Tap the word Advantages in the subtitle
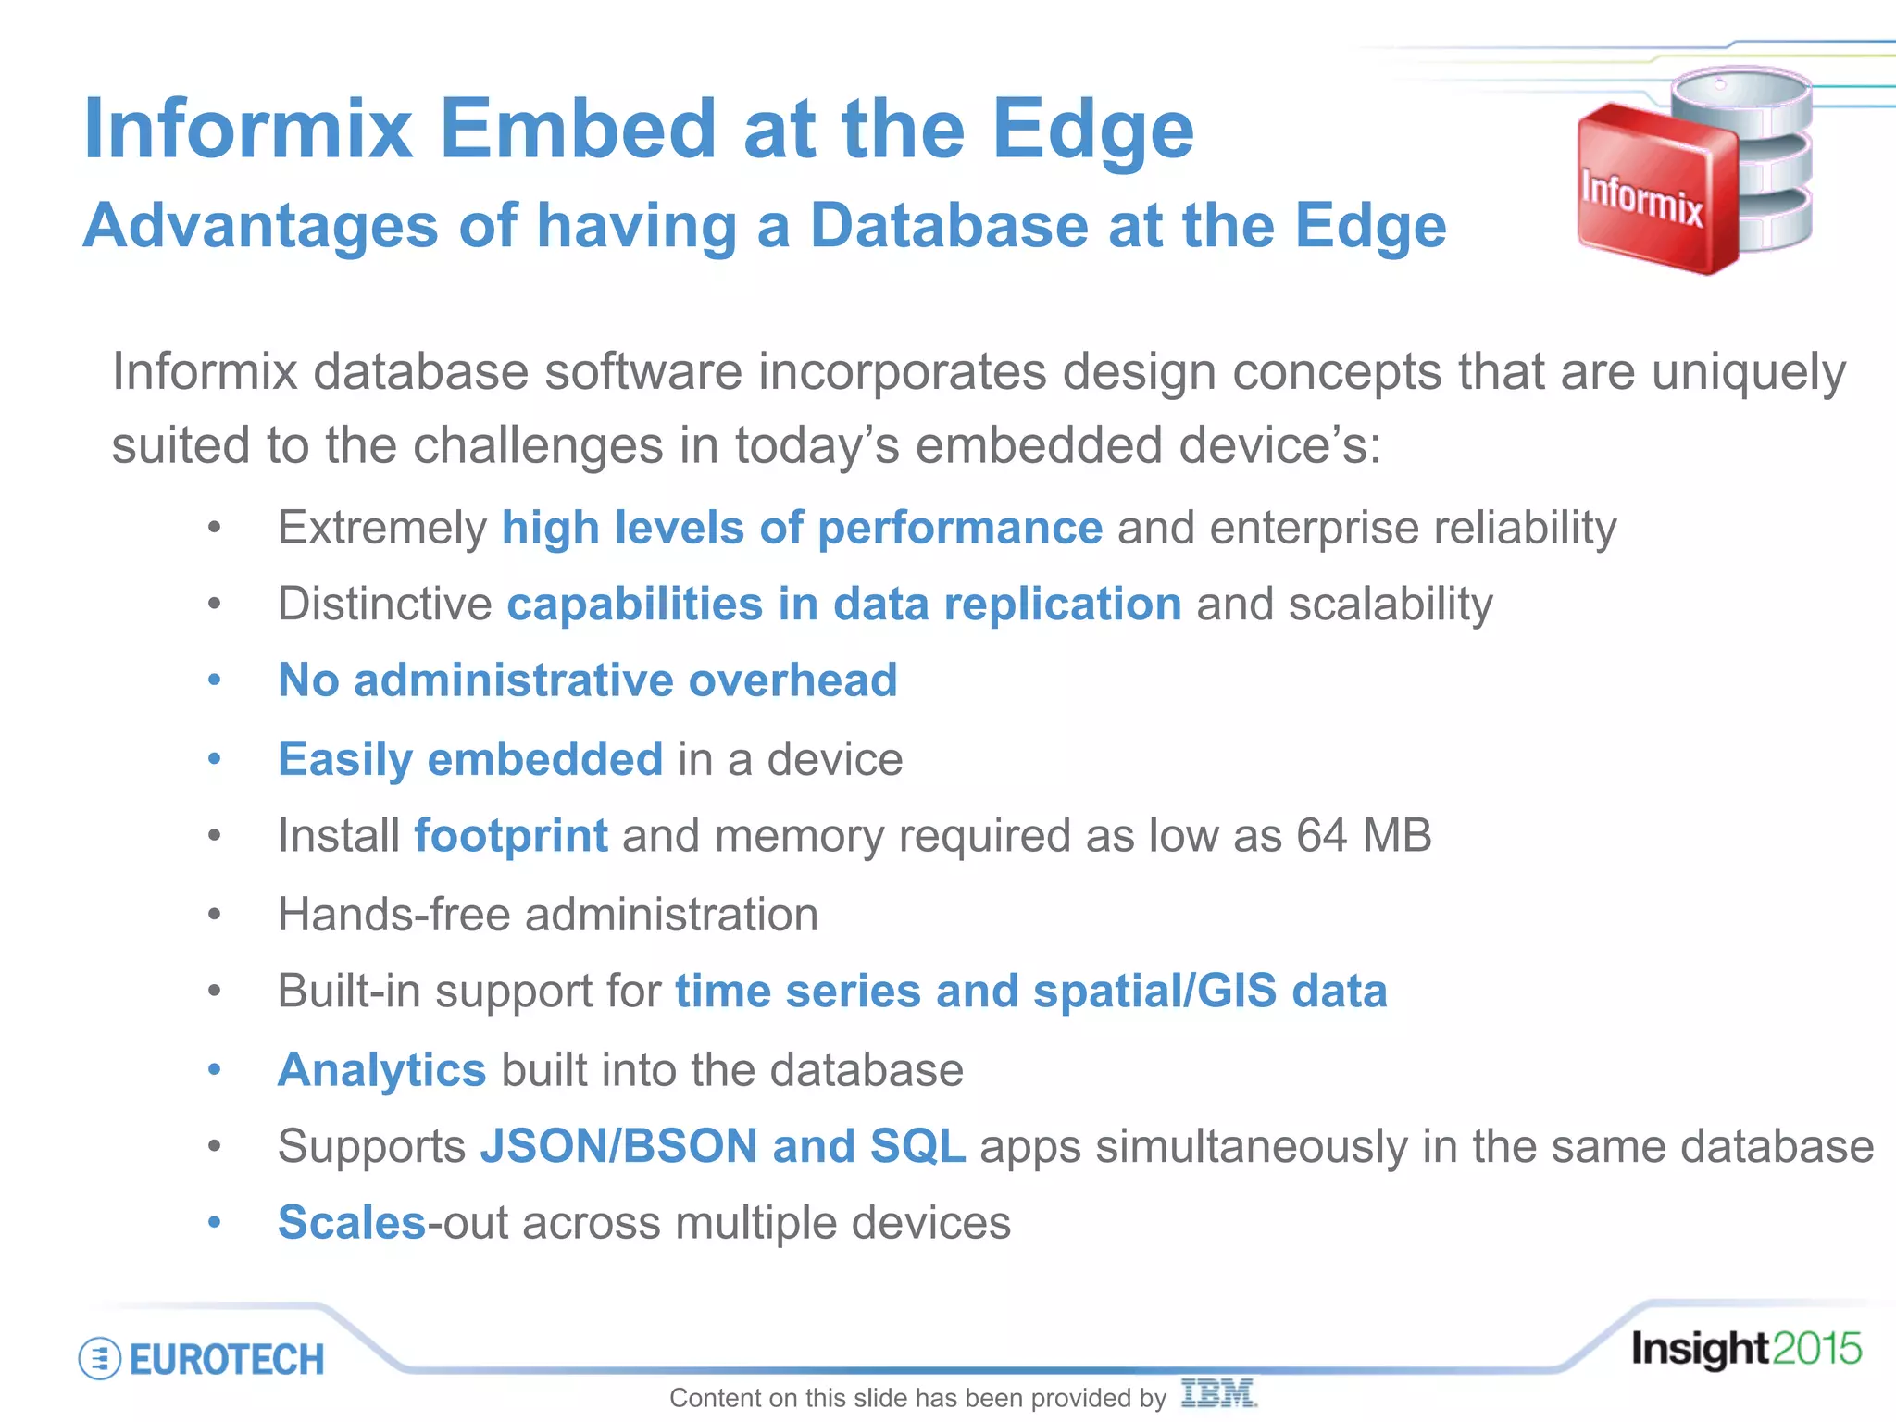(x=260, y=226)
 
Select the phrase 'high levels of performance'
(x=802, y=528)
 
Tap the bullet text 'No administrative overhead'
(x=588, y=680)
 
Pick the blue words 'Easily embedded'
(x=470, y=759)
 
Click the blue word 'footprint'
(x=511, y=835)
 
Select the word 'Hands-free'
(x=393, y=915)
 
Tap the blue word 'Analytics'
(x=381, y=1070)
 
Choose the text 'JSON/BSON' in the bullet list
(x=618, y=1146)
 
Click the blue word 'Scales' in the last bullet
(x=352, y=1223)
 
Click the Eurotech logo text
(x=227, y=1360)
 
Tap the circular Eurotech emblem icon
(x=100, y=1359)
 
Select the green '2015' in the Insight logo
(x=1816, y=1349)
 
